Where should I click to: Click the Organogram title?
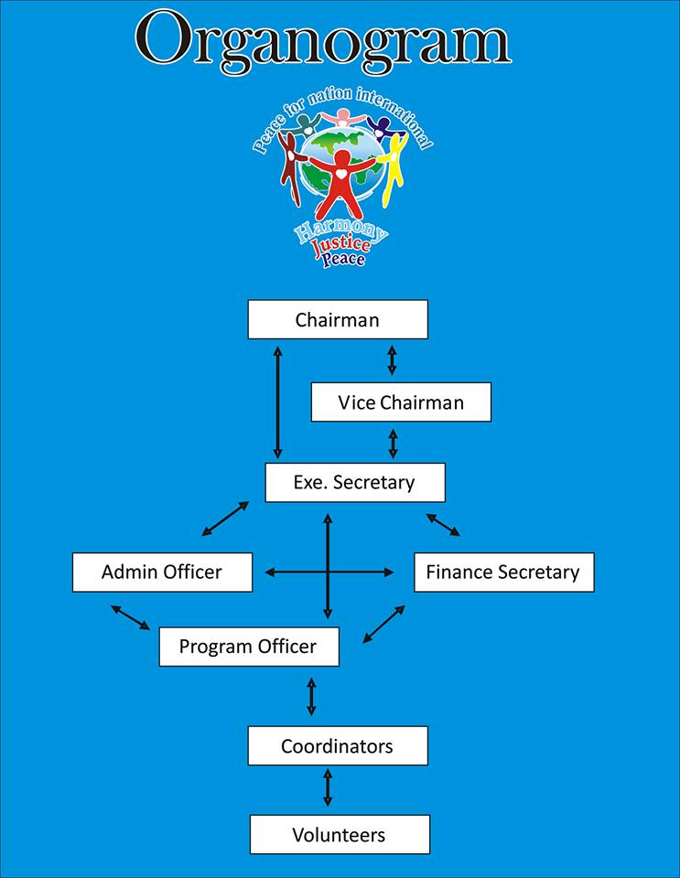pyautogui.click(x=322, y=41)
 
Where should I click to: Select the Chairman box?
pyautogui.click(x=337, y=319)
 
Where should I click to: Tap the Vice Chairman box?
pyautogui.click(x=400, y=402)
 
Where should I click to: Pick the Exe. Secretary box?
pyautogui.click(x=354, y=482)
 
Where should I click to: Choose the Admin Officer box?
pyautogui.click(x=162, y=573)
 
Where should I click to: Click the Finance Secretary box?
pyautogui.click(x=503, y=573)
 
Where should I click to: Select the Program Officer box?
pyautogui.click(x=248, y=647)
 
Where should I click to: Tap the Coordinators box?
pyautogui.click(x=337, y=745)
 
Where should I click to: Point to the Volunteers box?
pyautogui.click(x=339, y=834)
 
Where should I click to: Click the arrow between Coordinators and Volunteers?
pyautogui.click(x=328, y=787)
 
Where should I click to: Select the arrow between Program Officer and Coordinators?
pyautogui.click(x=311, y=696)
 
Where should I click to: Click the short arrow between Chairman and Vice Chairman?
pyautogui.click(x=392, y=360)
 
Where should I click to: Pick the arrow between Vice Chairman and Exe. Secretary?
pyautogui.click(x=393, y=443)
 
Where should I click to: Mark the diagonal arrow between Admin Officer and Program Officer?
pyautogui.click(x=130, y=617)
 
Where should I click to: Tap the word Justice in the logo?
pyautogui.click(x=340, y=244)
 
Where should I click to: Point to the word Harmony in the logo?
pyautogui.click(x=340, y=228)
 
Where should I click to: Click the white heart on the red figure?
pyautogui.click(x=340, y=172)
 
